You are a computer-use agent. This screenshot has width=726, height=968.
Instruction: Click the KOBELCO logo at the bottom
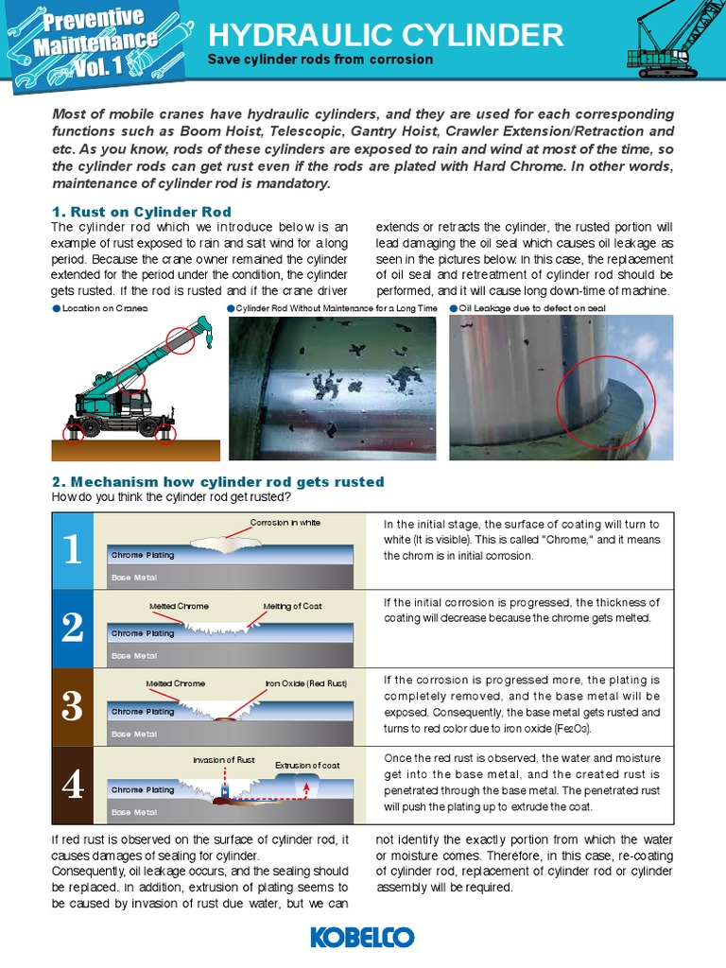[362, 937]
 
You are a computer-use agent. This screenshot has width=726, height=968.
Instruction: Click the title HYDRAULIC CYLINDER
[386, 35]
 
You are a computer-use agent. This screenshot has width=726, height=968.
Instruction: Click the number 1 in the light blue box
[73, 551]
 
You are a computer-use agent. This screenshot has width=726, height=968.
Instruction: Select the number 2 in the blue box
[73, 629]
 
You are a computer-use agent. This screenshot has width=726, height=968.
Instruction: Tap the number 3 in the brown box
[73, 707]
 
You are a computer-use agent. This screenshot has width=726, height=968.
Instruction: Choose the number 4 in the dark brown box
[73, 786]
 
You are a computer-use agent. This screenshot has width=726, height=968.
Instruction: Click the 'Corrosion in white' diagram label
[285, 523]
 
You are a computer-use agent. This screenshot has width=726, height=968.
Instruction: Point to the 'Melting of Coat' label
[292, 606]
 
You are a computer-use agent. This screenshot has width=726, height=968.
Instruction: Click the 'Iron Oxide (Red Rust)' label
[305, 683]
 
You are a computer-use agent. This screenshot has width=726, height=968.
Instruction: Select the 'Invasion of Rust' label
[224, 759]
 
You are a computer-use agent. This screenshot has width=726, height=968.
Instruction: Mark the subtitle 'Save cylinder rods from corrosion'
[320, 60]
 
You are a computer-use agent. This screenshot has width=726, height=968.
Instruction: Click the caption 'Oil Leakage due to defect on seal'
[531, 308]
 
